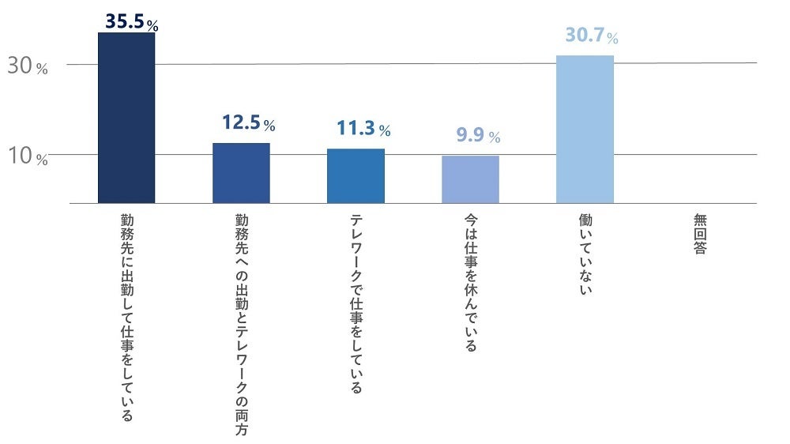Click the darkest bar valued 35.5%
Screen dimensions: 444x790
click(x=126, y=118)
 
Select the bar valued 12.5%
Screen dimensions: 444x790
click(x=241, y=173)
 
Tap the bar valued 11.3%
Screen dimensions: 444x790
click(x=355, y=175)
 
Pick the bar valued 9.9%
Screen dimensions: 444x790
click(x=470, y=179)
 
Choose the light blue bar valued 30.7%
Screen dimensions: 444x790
click(x=585, y=129)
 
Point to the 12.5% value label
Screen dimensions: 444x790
click(x=248, y=123)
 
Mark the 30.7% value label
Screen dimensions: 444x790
click(x=591, y=36)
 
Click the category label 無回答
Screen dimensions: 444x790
click(x=700, y=233)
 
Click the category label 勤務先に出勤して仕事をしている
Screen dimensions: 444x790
click(x=126, y=316)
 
